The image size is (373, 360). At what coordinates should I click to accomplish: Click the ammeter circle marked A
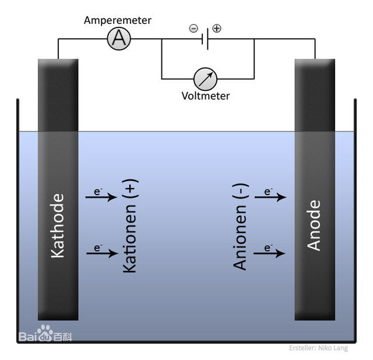coord(119,39)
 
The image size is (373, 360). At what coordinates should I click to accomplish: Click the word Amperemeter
coord(118,20)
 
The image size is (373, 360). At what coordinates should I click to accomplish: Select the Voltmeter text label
coord(206,96)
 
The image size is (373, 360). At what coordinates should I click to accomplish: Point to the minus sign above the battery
coord(193,28)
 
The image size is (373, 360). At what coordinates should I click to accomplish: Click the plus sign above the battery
coord(217,28)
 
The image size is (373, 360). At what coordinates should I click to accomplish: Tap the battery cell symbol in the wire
coord(205,40)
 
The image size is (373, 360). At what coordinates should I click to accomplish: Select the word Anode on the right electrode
coord(314,225)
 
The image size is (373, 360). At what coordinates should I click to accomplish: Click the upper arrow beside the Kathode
coord(101,197)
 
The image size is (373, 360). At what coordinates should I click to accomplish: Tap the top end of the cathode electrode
coord(58,63)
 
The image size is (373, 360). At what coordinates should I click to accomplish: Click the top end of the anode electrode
coord(315,63)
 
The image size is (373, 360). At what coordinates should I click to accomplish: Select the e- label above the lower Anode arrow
coord(269,247)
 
